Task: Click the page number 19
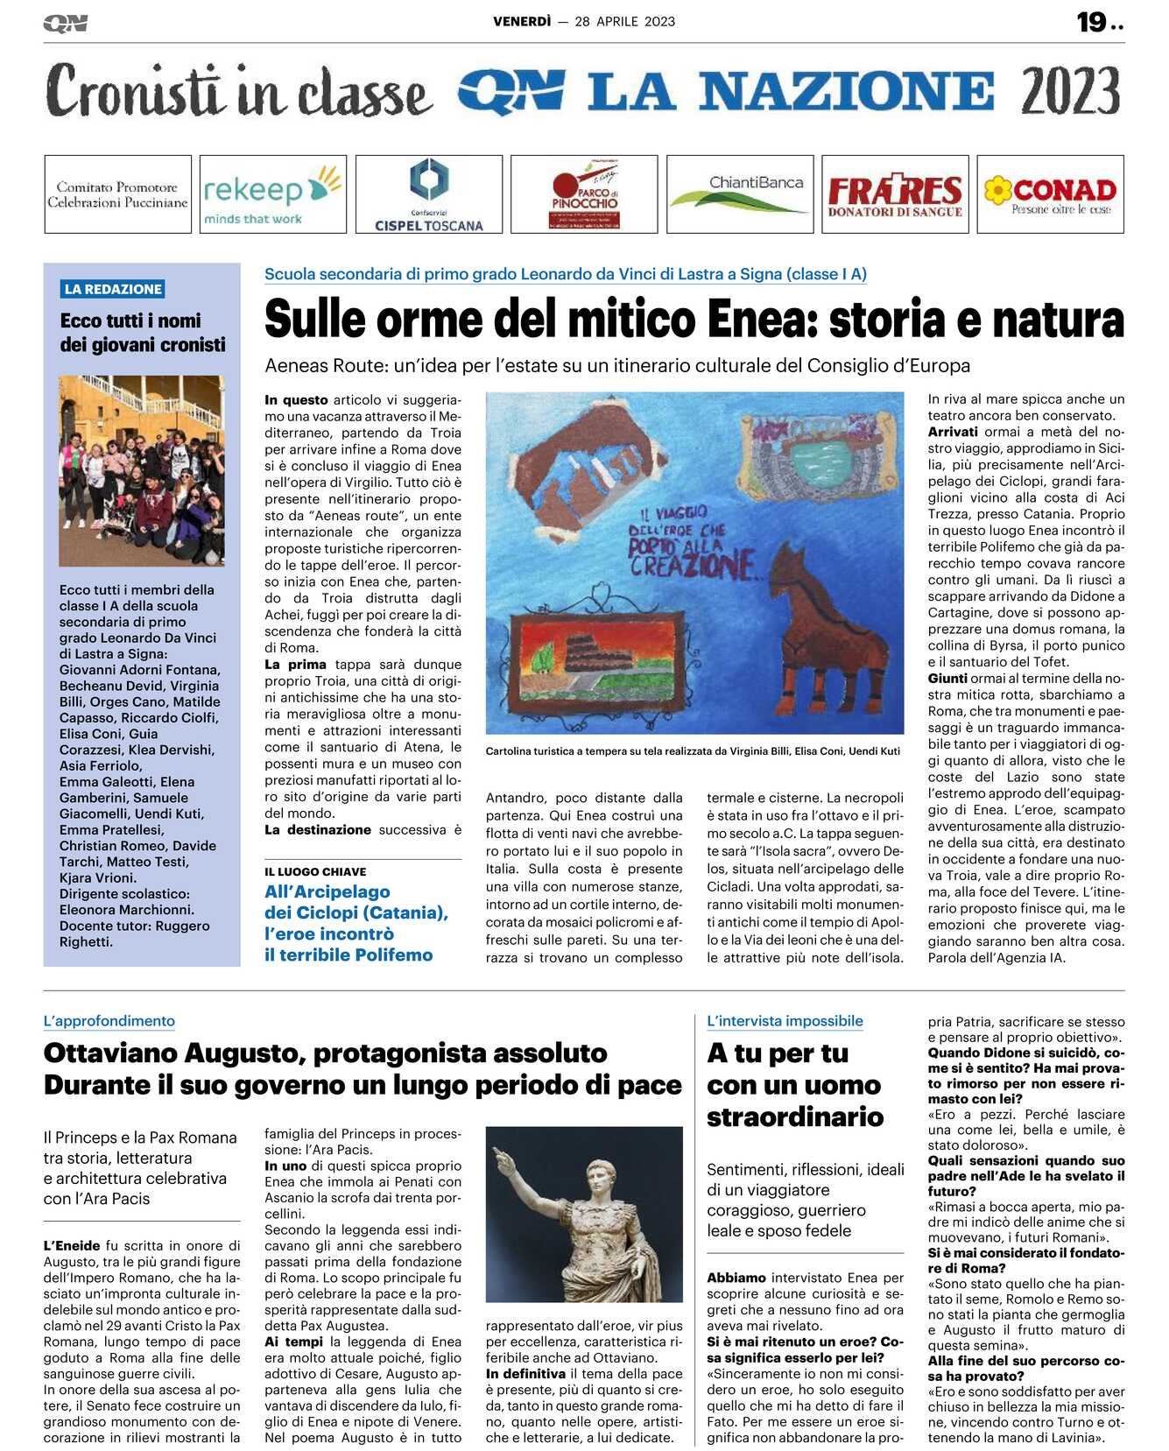1092,22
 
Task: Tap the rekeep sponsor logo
272,194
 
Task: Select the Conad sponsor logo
1050,194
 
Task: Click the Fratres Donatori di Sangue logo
894,194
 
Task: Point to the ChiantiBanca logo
740,194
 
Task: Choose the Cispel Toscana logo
428,194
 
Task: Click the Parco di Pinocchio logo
584,194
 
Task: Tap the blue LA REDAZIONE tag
113,289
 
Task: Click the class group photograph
141,470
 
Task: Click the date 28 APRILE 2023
625,22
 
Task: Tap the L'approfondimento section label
109,1021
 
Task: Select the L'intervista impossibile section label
785,1021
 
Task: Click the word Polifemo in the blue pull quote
390,955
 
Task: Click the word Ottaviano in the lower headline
125,1053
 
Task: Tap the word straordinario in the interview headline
795,1117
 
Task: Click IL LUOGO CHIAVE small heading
315,872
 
